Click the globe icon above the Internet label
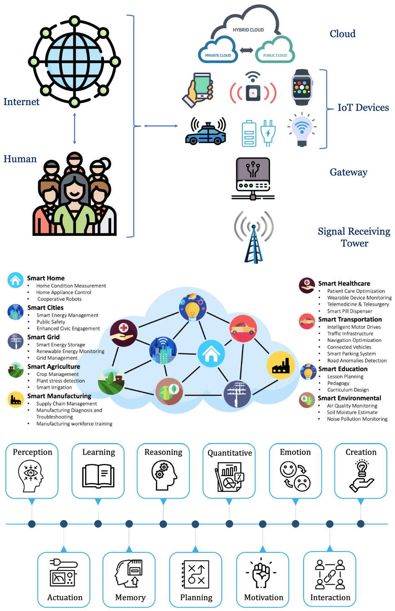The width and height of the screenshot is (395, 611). [x=74, y=61]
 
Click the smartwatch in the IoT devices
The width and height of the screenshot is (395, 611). [x=302, y=87]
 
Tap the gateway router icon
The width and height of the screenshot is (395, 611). [x=253, y=179]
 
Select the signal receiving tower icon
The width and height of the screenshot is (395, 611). [x=254, y=237]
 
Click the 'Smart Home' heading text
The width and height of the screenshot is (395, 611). [x=46, y=278]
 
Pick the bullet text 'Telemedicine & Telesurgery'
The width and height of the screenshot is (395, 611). [x=358, y=304]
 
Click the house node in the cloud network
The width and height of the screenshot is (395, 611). [x=211, y=354]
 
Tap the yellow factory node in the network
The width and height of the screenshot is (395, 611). [x=281, y=365]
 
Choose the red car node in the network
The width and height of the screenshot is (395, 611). [x=243, y=329]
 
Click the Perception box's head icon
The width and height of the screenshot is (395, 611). [x=31, y=476]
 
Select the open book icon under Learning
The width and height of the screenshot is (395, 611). [x=98, y=476]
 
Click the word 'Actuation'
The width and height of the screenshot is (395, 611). [x=65, y=598]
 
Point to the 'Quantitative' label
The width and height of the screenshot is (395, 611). [x=230, y=453]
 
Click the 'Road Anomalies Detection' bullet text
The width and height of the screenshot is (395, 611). [x=357, y=360]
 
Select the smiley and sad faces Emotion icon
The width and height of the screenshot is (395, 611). [x=295, y=476]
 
